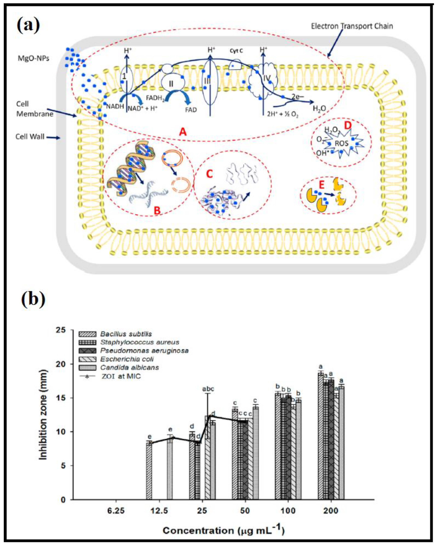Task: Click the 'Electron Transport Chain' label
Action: [x=352, y=26]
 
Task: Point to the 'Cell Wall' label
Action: [x=30, y=137]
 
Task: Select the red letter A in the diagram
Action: [x=183, y=132]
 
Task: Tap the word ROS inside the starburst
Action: [x=342, y=143]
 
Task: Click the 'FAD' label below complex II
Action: [x=191, y=110]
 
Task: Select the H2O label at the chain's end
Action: [x=319, y=109]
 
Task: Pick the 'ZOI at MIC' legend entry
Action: [x=121, y=376]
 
